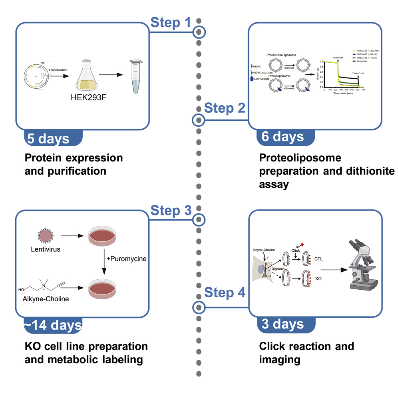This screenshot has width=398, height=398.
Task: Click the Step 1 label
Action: coord(171,23)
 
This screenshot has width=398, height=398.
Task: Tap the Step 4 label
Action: coord(225,293)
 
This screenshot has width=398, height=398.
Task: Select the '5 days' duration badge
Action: coord(48,138)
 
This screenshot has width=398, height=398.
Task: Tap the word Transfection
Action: coord(58,70)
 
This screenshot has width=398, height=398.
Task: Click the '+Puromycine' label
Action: coord(125,259)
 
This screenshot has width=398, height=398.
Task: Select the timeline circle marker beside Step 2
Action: coord(199,119)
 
